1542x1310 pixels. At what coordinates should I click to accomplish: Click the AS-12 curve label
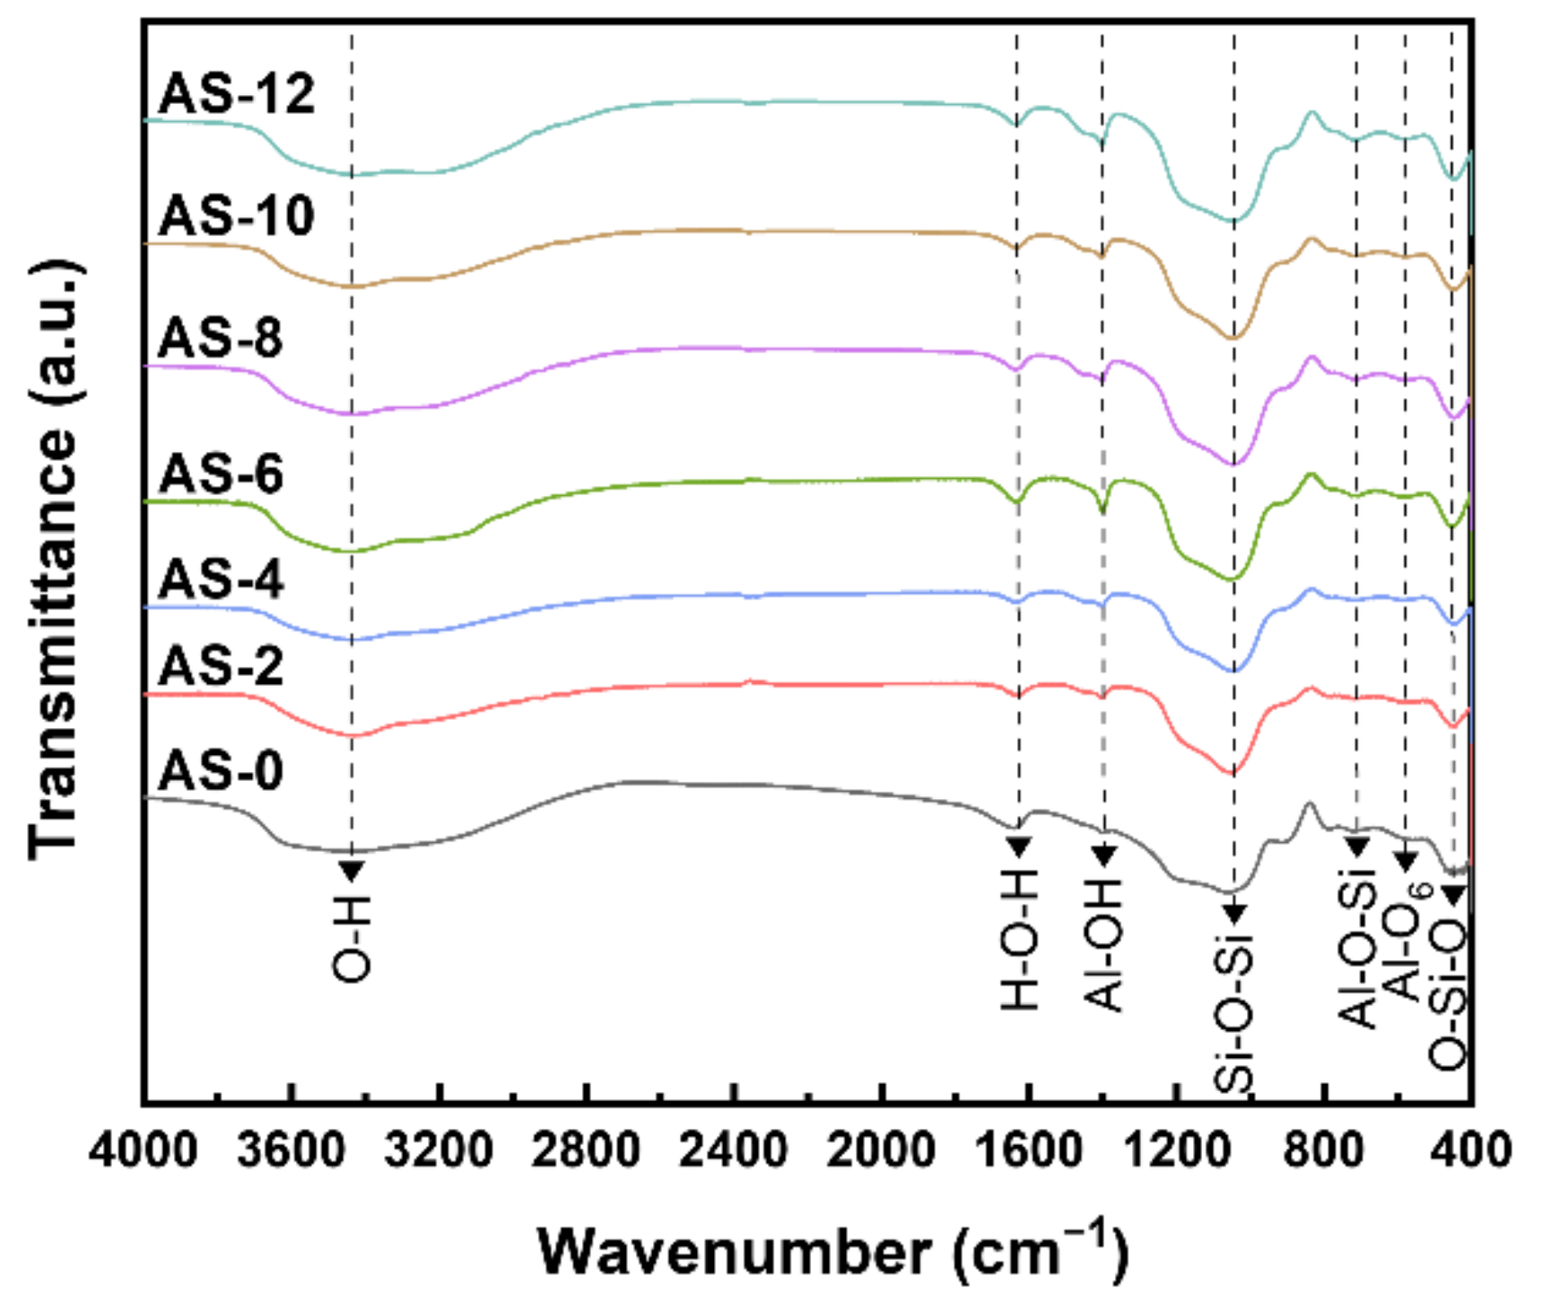point(237,93)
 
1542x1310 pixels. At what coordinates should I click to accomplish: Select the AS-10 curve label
point(237,216)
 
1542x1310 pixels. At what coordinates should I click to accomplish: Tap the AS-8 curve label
point(221,339)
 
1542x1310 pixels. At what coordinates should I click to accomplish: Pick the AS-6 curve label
point(221,473)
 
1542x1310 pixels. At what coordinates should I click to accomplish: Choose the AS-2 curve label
point(221,666)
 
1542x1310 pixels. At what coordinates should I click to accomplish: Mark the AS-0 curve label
point(221,771)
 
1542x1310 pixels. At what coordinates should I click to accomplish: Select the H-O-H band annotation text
point(1019,941)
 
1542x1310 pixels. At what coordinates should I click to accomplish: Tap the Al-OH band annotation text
point(1104,945)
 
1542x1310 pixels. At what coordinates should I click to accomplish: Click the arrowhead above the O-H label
point(352,870)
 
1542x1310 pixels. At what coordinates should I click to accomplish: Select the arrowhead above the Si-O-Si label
point(1234,914)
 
